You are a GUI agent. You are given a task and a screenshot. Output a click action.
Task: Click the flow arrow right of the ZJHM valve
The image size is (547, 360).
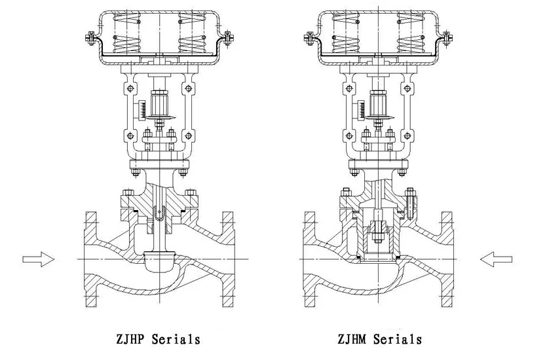click(495, 259)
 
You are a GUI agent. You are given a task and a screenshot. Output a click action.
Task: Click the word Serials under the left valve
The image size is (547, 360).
click(176, 339)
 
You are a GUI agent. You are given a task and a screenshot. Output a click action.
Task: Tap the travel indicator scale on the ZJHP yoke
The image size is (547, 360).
click(141, 109)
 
